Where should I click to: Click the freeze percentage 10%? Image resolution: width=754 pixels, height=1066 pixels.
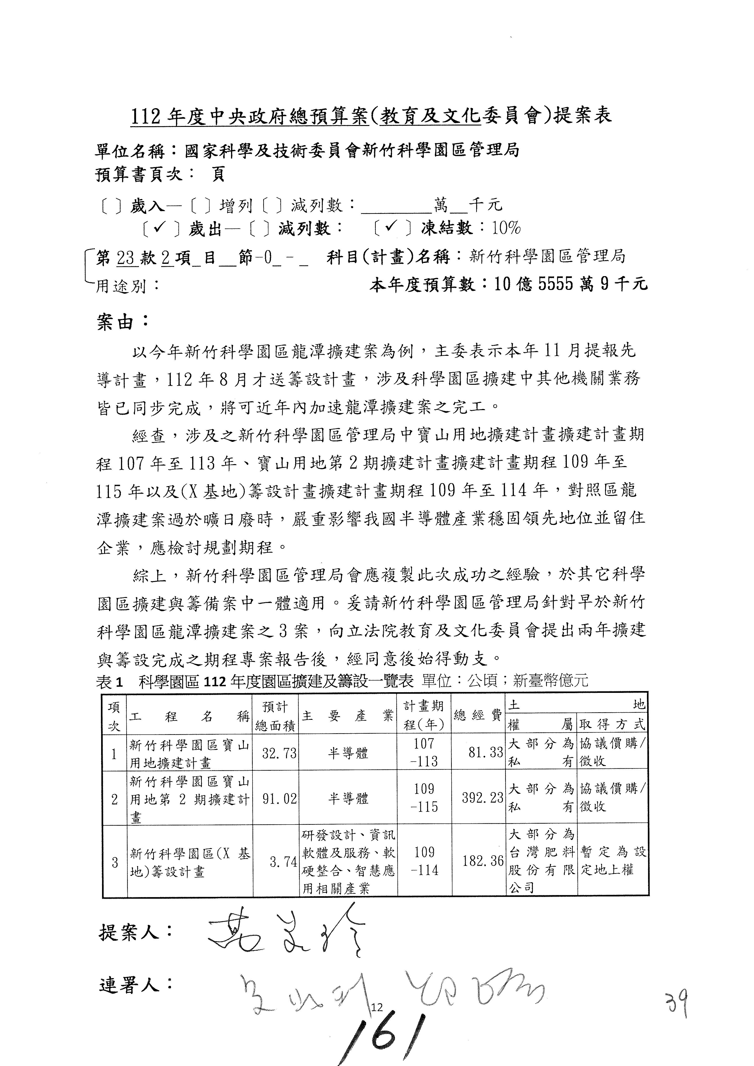point(506,228)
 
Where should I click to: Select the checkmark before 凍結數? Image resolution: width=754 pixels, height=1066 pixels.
point(391,227)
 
